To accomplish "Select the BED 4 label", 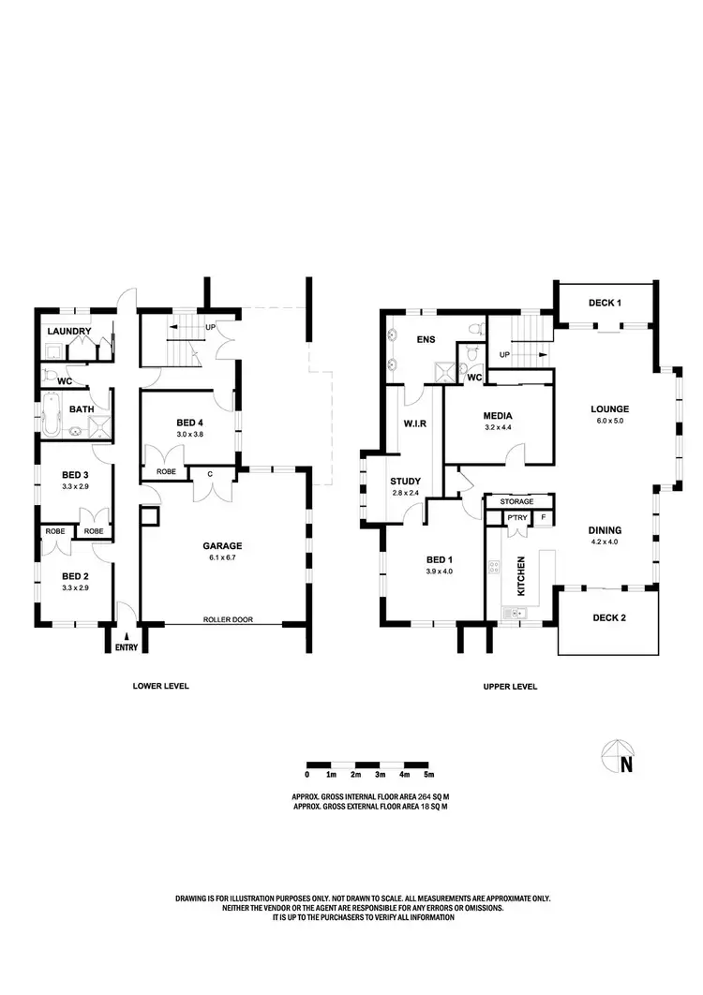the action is click(191, 423).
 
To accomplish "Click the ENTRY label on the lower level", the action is click(126, 646).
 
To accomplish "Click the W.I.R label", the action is click(415, 423).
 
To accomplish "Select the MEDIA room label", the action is click(497, 416).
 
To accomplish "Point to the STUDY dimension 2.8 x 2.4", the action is click(406, 493).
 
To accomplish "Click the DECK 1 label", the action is click(605, 303).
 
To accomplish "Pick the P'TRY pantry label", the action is click(516, 517).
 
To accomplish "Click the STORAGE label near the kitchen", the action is click(516, 502).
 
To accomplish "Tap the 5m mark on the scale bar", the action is click(429, 775).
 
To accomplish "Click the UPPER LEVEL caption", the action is click(510, 686).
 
